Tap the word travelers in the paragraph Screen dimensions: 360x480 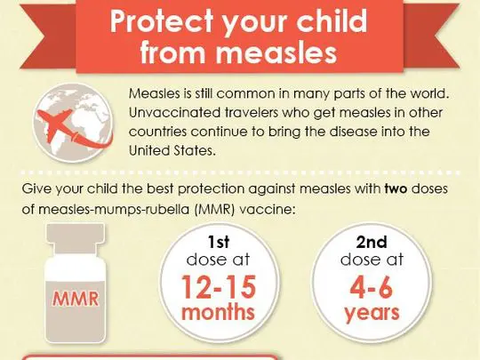(253, 112)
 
